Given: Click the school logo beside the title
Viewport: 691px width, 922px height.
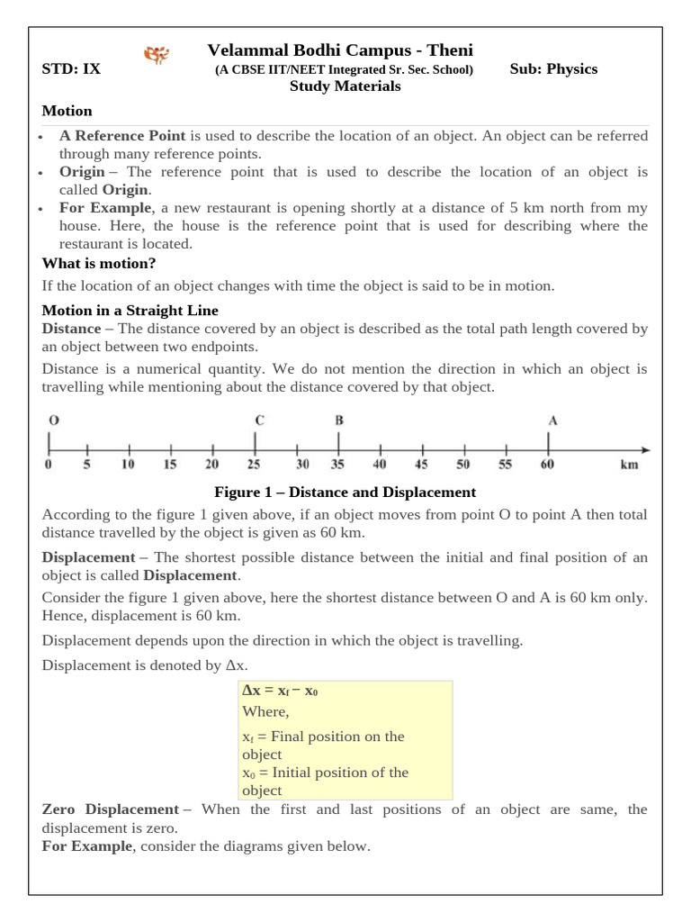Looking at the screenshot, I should (x=157, y=57).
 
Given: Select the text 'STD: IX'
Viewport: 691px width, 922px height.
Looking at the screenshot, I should (x=71, y=69).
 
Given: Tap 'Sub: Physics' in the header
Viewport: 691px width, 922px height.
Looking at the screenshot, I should (x=552, y=69).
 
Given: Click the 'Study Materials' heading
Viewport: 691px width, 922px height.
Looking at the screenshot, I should (x=345, y=86).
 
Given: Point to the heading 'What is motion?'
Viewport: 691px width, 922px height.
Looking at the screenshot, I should (x=99, y=263).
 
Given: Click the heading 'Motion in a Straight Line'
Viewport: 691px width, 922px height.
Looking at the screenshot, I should (x=130, y=311).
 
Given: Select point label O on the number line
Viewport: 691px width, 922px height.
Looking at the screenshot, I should (x=54, y=420).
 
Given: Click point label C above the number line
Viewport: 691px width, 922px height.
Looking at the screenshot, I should (x=259, y=420).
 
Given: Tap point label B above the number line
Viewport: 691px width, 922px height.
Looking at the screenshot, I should (x=339, y=420).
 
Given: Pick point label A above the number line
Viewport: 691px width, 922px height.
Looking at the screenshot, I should (x=552, y=420).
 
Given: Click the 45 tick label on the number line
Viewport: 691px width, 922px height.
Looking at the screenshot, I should (x=421, y=465).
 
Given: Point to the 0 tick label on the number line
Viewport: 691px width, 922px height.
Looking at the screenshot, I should (x=49, y=465).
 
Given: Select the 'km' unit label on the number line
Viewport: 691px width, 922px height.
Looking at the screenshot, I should (x=629, y=465).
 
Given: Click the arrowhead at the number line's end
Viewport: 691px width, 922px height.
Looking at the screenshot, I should (x=645, y=447).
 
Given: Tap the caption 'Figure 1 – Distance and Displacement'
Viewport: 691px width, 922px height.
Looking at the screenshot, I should (x=345, y=493).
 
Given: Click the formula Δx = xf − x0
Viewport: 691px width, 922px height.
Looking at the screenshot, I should (x=280, y=691).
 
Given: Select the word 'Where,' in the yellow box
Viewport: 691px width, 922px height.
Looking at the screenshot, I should (x=265, y=711).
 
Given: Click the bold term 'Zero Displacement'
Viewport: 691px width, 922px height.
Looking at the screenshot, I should (x=111, y=809).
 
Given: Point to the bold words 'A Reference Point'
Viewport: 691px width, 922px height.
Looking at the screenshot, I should (x=122, y=136).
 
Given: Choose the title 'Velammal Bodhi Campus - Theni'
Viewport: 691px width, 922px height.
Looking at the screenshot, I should (x=340, y=50).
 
